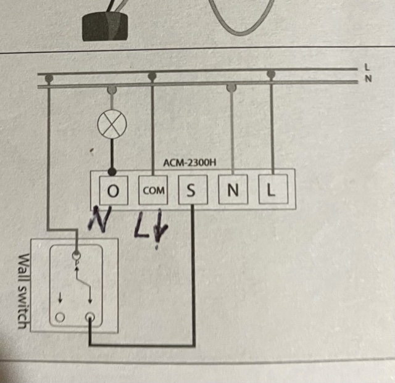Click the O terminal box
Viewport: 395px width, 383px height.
pyautogui.click(x=112, y=191)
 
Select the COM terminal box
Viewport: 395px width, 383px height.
pyautogui.click(x=153, y=191)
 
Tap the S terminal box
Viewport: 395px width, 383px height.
pyautogui.click(x=191, y=191)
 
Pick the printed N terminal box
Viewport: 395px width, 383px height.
pyautogui.click(x=232, y=191)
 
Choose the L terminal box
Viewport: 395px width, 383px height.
pyautogui.click(x=270, y=191)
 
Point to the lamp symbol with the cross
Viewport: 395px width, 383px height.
pyautogui.click(x=112, y=126)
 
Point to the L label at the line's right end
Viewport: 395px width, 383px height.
pyautogui.click(x=367, y=68)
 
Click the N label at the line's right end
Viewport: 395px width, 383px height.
pyautogui.click(x=367, y=79)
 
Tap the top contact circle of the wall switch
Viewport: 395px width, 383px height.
pyautogui.click(x=77, y=254)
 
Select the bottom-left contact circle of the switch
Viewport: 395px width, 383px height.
pyautogui.click(x=60, y=318)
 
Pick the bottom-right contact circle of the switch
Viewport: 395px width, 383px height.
pyautogui.click(x=91, y=318)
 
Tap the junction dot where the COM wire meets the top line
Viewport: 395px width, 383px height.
pyautogui.click(x=152, y=76)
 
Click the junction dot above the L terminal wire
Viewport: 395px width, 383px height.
pyautogui.click(x=270, y=75)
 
